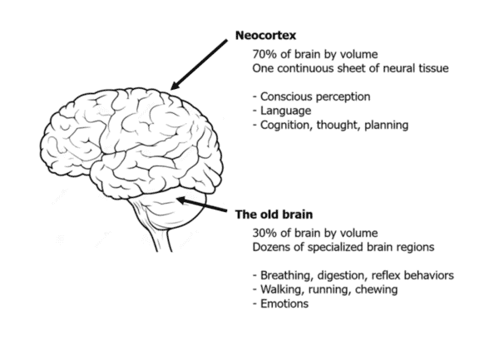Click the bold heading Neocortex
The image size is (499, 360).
coord(266,37)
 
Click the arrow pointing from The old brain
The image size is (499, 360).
coord(204,205)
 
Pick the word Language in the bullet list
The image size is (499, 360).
coord(285,111)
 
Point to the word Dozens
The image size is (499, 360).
coord(272,246)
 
